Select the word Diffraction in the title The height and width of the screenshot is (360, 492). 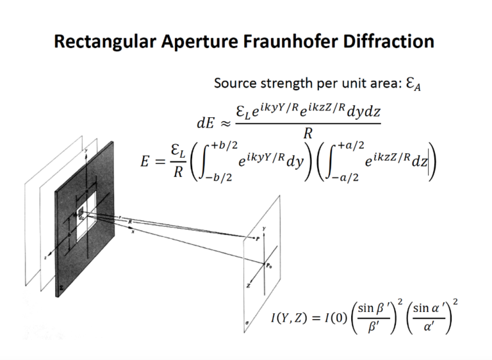(x=389, y=42)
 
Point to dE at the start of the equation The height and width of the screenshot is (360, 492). (x=208, y=122)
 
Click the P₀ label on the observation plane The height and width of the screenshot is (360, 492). (x=270, y=264)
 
